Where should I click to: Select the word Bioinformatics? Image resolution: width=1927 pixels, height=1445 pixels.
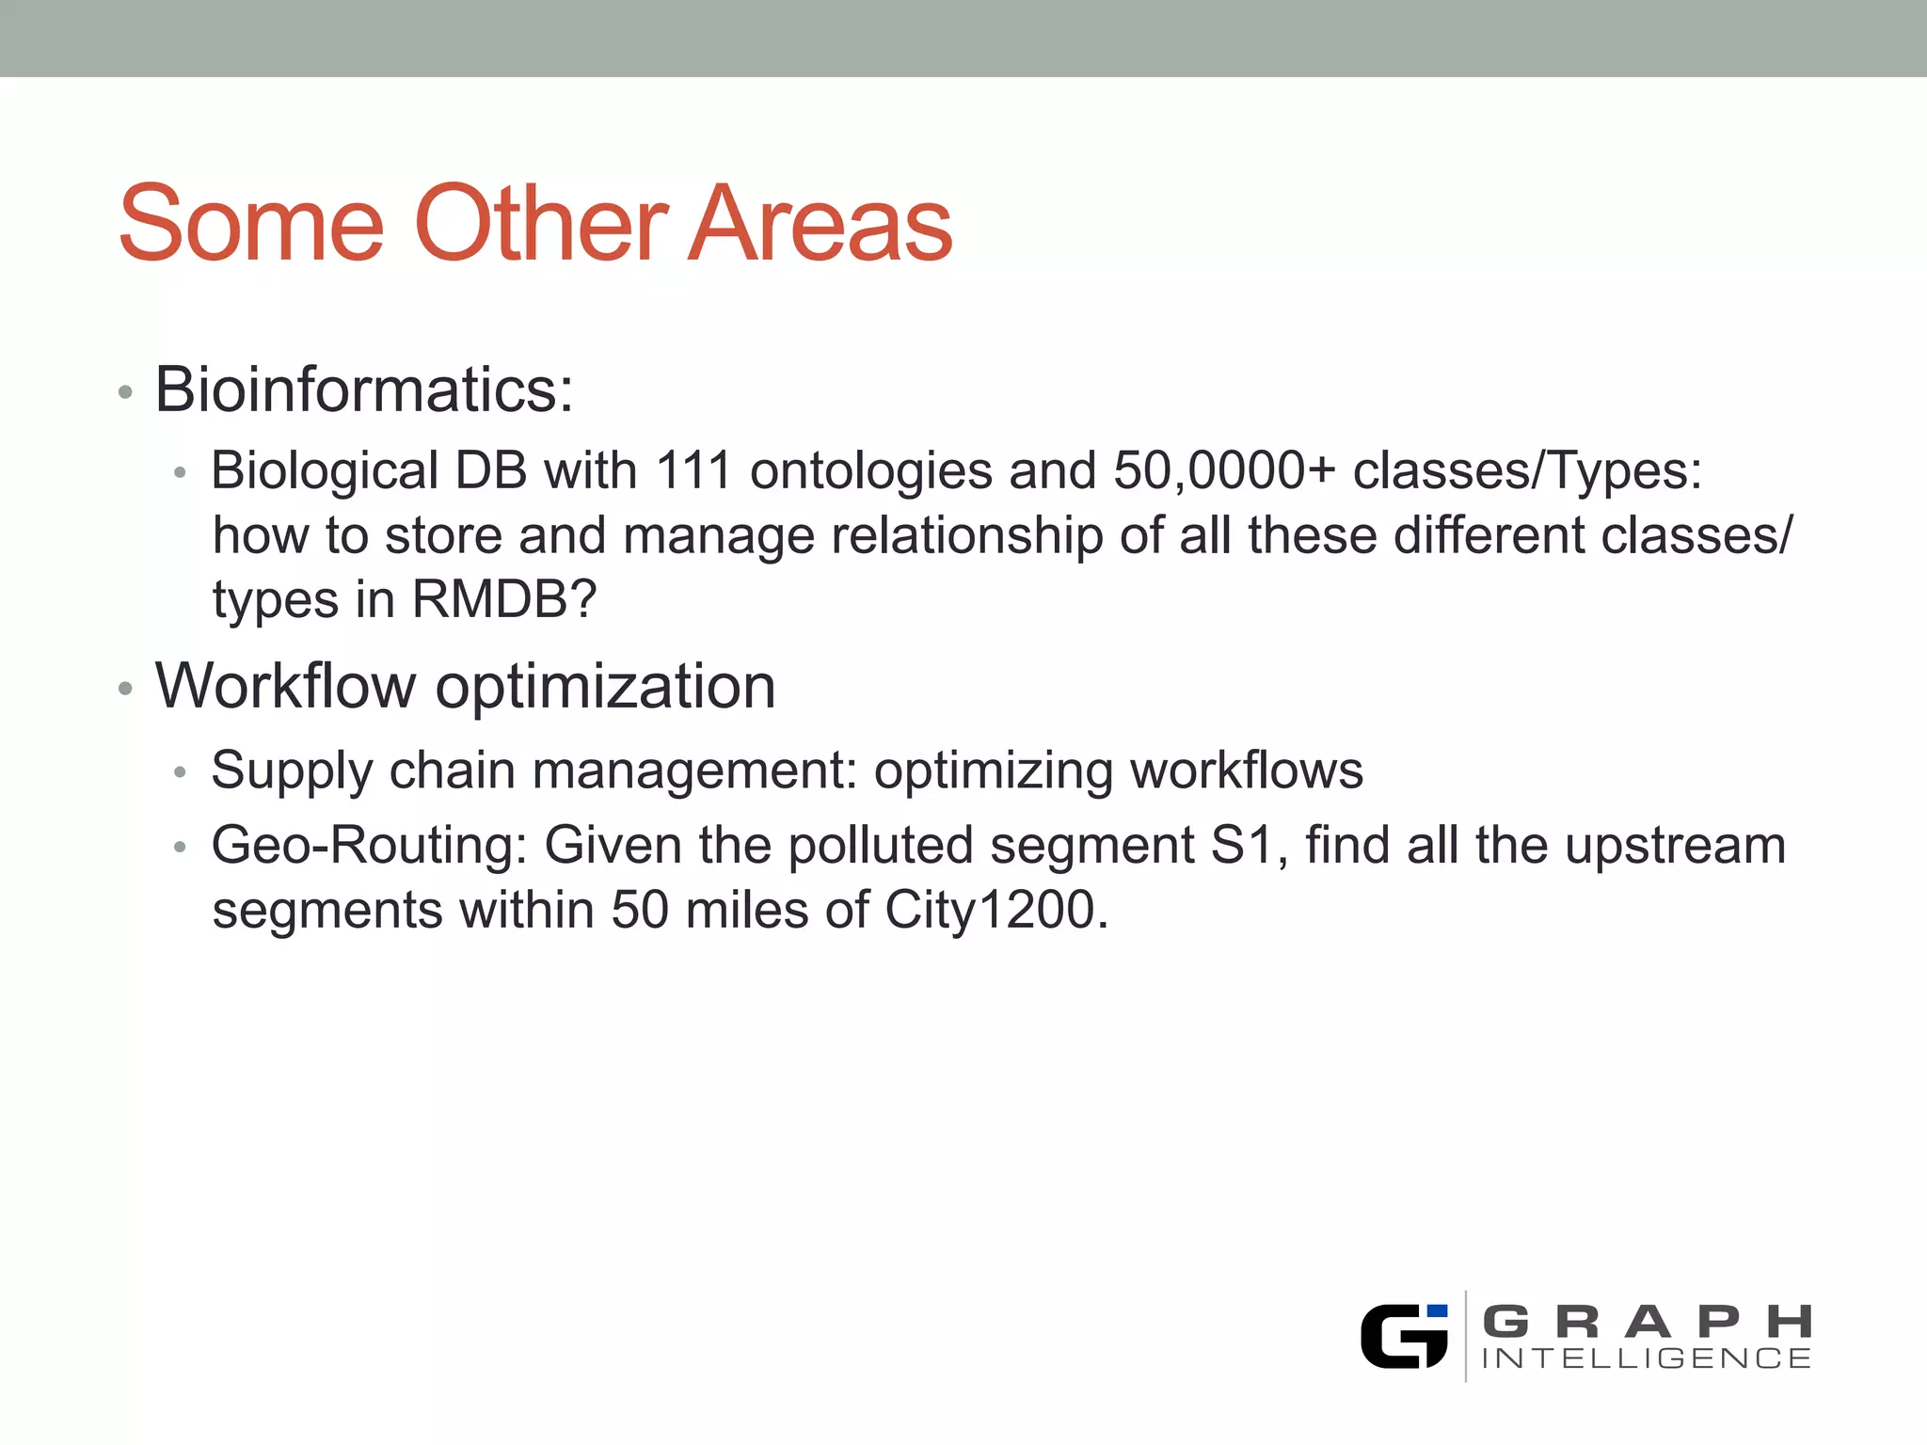(x=363, y=389)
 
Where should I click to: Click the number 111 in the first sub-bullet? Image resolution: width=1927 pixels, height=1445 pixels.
(x=693, y=470)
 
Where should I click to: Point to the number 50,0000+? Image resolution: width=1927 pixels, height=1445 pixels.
(x=1224, y=470)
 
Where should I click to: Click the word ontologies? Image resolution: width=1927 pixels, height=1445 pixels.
(x=870, y=472)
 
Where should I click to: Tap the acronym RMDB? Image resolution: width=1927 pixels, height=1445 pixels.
(x=504, y=599)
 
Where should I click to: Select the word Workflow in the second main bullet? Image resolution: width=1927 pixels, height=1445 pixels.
(x=284, y=686)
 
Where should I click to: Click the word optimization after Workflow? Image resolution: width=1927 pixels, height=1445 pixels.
(x=605, y=688)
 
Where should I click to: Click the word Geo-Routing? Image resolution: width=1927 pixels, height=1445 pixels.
(x=369, y=846)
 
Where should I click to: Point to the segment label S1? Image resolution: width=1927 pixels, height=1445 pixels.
(x=1248, y=846)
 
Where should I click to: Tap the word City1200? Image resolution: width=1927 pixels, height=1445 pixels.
(x=995, y=911)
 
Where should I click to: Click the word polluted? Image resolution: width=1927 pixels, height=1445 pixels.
(x=880, y=846)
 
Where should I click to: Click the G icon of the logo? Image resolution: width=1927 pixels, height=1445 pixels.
(x=1404, y=1336)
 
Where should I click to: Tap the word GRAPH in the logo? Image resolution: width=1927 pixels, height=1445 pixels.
(x=1647, y=1322)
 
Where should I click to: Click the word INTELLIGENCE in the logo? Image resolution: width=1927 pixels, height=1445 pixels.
(x=1647, y=1358)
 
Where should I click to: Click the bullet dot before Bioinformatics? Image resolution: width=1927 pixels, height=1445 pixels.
(x=125, y=392)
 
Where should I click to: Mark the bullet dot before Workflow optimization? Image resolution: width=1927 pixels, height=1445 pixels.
(x=125, y=690)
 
